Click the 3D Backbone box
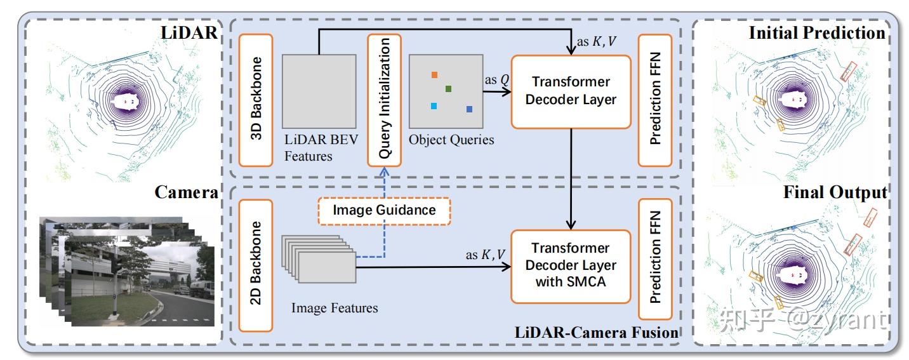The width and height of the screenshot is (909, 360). pos(256,100)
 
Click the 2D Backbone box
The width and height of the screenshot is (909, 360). pos(256,265)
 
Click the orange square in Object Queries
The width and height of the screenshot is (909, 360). pos(434,75)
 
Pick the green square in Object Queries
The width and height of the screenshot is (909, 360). pos(448,89)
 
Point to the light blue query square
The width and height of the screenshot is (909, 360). pos(434,106)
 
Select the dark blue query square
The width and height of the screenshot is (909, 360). pos(470,110)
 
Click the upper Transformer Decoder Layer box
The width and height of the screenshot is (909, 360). pos(571,91)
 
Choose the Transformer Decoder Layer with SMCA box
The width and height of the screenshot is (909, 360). pos(571,265)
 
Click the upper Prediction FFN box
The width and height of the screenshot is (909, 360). pos(656,100)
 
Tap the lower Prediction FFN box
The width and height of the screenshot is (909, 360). pos(656,265)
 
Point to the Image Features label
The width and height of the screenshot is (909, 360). pos(335,308)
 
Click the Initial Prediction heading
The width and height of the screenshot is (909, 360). pos(816,33)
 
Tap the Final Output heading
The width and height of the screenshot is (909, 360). pos(835,192)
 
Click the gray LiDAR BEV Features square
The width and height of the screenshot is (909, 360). pos(319,90)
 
